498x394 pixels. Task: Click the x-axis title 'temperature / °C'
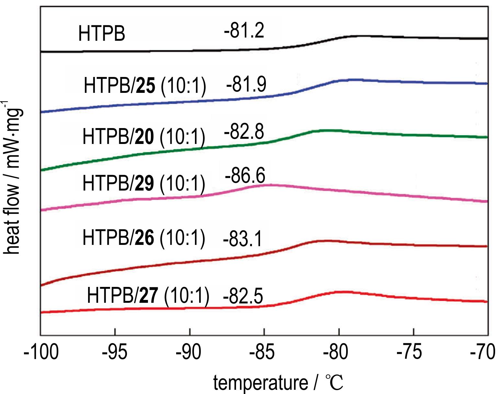tap(278, 383)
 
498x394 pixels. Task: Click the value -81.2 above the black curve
tap(244, 31)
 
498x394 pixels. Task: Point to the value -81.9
tap(246, 84)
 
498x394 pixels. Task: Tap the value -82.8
tap(244, 132)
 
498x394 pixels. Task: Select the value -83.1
tap(243, 240)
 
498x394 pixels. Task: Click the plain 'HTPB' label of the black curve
tap(101, 34)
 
